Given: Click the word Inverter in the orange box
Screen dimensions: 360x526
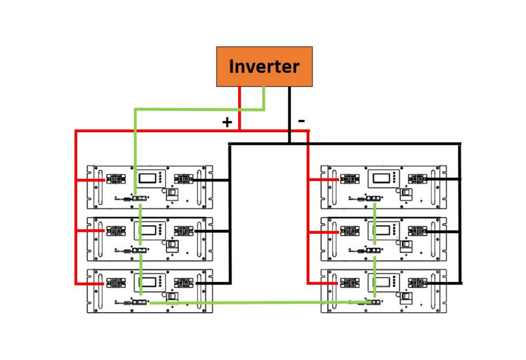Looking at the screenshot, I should [264, 66].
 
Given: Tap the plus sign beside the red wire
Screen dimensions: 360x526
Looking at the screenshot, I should [227, 123].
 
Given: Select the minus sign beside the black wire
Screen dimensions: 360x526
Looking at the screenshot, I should [301, 121].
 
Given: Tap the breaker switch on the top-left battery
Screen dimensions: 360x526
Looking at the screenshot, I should [171, 195].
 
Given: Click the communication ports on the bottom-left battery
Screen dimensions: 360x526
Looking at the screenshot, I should [140, 303].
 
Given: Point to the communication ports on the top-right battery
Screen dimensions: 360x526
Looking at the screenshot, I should [373, 198].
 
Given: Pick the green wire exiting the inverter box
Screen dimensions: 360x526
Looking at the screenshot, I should [264, 98].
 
